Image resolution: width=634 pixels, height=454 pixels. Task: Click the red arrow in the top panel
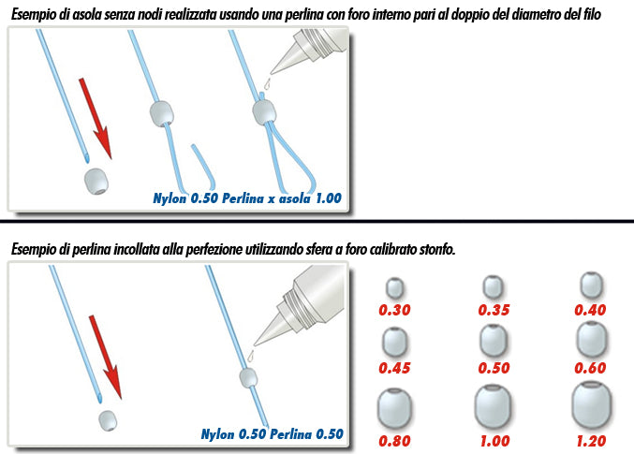tap(95, 118)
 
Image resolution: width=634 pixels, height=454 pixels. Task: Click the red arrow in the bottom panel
tap(105, 357)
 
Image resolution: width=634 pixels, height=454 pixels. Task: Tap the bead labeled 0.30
tap(394, 287)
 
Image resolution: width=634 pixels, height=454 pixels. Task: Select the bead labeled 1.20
tap(591, 405)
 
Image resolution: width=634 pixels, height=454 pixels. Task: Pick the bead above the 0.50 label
tap(494, 341)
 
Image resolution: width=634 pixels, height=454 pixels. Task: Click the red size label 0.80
tap(394, 441)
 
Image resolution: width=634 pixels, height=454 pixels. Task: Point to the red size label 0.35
tap(494, 310)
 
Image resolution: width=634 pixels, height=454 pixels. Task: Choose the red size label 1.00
tap(494, 441)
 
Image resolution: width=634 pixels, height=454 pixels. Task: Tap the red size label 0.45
tap(394, 368)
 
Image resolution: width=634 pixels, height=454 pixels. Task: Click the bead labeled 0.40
tap(591, 285)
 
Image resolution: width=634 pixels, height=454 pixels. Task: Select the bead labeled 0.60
tap(591, 339)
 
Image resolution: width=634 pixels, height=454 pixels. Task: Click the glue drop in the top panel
tap(267, 84)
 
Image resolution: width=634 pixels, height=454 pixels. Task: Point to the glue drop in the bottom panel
tap(252, 357)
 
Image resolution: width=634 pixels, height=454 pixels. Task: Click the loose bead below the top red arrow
tap(96, 182)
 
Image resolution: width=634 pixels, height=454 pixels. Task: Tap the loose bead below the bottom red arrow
tap(108, 420)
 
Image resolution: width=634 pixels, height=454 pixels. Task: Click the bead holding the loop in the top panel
tap(264, 112)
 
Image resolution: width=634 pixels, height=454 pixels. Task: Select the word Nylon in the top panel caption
tap(170, 198)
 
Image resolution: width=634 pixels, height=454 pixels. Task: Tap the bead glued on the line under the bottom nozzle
tap(248, 378)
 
